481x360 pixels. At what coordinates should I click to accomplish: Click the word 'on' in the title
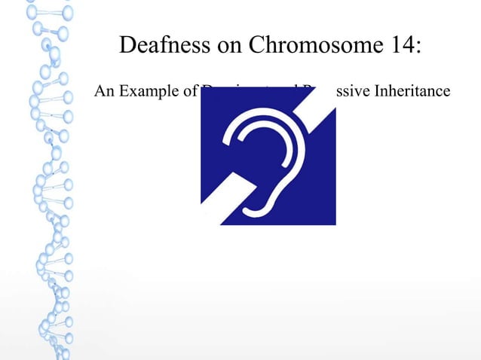224,47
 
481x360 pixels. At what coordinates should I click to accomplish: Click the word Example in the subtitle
142,92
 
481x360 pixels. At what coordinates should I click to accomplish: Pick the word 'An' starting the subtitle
103,92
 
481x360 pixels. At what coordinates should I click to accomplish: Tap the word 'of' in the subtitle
187,92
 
